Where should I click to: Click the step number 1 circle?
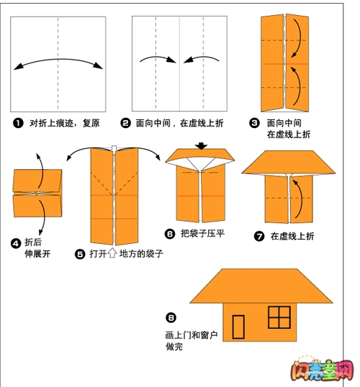point(17,123)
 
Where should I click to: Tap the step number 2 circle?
point(125,123)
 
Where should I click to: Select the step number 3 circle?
point(254,123)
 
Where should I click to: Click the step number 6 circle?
point(170,233)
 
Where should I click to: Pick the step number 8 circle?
point(171,317)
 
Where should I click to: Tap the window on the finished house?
point(278,316)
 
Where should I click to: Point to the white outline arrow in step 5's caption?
point(112,254)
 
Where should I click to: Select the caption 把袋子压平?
point(204,233)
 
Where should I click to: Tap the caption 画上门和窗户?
point(191,335)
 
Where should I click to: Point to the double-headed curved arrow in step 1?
point(58,63)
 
